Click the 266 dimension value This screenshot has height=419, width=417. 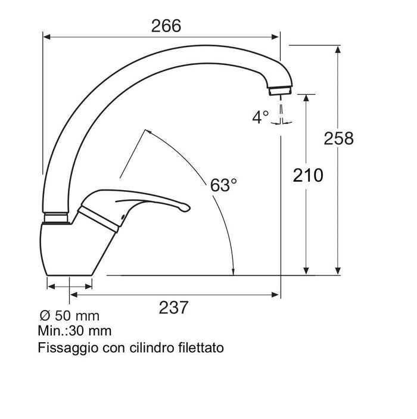tap(166, 26)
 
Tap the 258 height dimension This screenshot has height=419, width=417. tap(338, 138)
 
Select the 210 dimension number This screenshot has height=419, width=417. tap(307, 175)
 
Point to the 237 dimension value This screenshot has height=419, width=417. tap(174, 308)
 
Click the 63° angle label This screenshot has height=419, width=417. tap(223, 185)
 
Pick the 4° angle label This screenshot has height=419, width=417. tap(260, 117)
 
